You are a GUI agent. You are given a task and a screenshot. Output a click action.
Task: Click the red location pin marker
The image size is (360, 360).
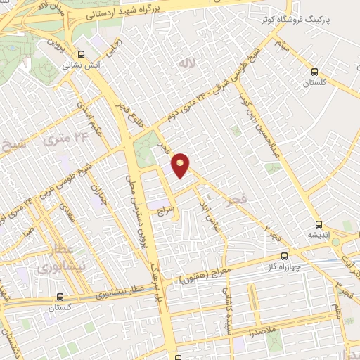181,165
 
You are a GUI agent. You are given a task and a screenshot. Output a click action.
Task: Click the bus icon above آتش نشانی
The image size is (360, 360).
82,53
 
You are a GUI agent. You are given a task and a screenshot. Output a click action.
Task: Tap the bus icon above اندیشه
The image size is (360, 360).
319,224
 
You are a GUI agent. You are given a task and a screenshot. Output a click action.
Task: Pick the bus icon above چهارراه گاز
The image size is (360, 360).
284,256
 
